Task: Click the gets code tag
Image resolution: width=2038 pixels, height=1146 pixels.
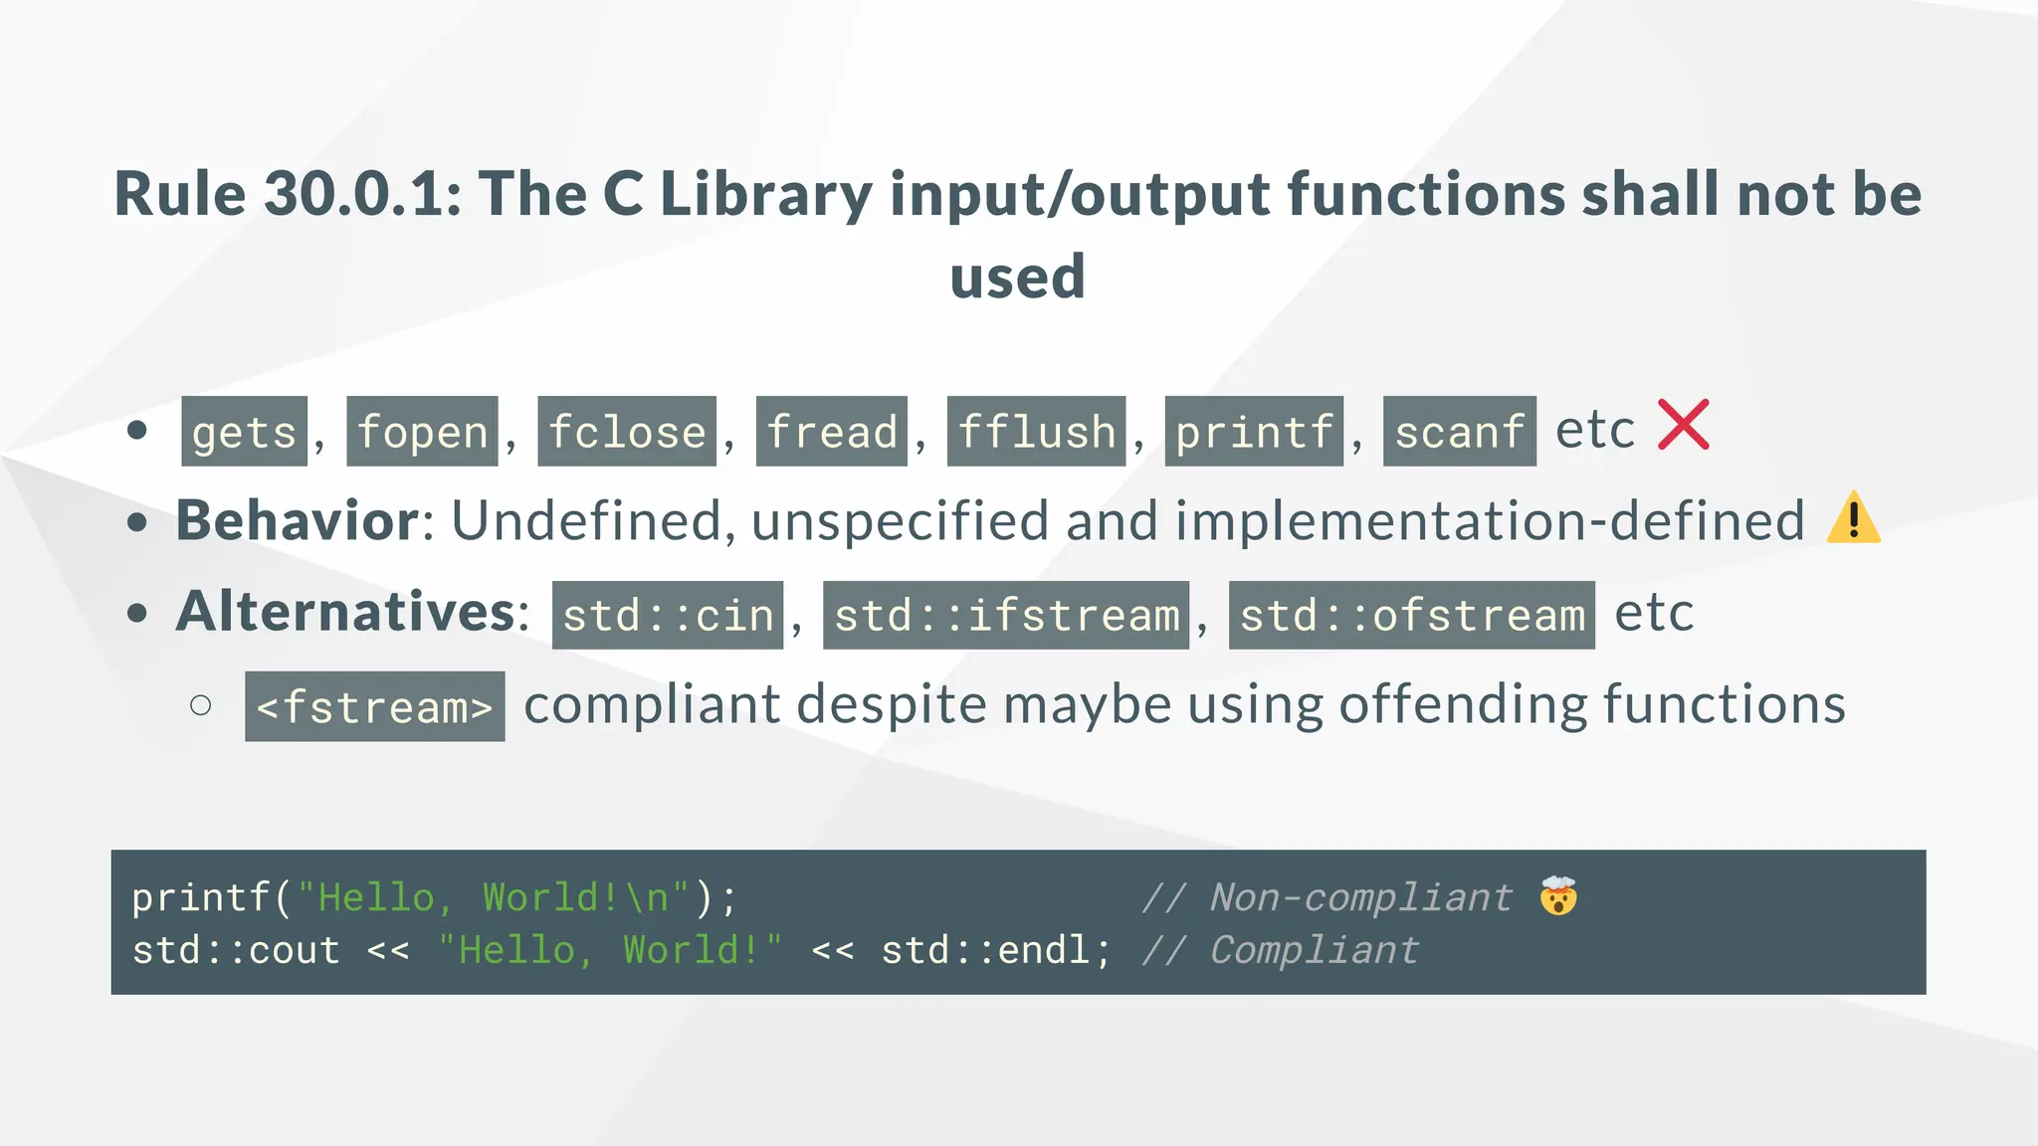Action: [x=244, y=432]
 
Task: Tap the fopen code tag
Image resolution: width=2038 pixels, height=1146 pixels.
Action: [x=422, y=432]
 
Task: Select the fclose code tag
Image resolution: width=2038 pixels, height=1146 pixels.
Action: [x=627, y=432]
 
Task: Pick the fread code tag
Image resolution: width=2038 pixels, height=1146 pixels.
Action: [x=832, y=432]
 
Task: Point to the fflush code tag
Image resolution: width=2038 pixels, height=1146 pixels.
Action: [x=1036, y=432]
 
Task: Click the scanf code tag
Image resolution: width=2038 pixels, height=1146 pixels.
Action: [x=1459, y=432]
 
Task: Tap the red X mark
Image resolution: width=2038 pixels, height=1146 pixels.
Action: [x=1683, y=425]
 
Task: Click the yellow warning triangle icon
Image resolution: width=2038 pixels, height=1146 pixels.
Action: [x=1853, y=518]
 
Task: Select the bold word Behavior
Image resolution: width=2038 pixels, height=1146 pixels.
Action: [x=298, y=520]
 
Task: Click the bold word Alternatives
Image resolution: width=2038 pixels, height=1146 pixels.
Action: [x=345, y=611]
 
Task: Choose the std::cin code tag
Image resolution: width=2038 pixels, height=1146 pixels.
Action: [x=668, y=616]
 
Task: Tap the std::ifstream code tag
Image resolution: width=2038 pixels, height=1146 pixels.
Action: [x=1006, y=616]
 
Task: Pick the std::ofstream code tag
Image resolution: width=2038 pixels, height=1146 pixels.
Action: [x=1411, y=616]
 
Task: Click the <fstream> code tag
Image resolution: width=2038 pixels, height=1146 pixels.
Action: [x=374, y=707]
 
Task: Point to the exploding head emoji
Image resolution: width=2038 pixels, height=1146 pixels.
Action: [x=1558, y=896]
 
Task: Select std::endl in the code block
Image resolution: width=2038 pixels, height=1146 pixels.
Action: [x=995, y=950]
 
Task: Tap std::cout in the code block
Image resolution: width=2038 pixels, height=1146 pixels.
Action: [x=236, y=950]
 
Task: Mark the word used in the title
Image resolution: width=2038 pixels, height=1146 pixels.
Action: [x=1017, y=277]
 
